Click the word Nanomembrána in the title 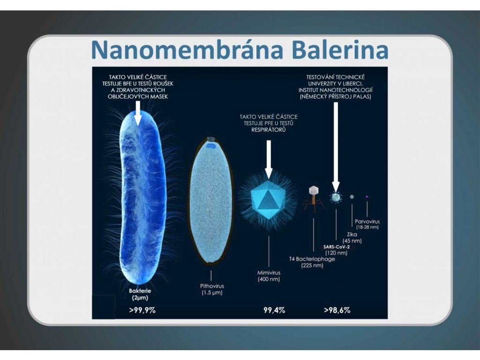(x=187, y=49)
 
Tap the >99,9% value (x=142, y=310)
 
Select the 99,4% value (x=274, y=310)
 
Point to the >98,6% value (x=337, y=310)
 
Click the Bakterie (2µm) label (x=140, y=294)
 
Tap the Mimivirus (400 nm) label (x=269, y=276)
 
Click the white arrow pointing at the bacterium (x=138, y=113)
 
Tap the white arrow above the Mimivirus (x=269, y=159)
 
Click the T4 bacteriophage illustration (x=314, y=198)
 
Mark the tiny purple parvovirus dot (x=367, y=197)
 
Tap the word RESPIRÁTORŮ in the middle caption (x=269, y=130)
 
